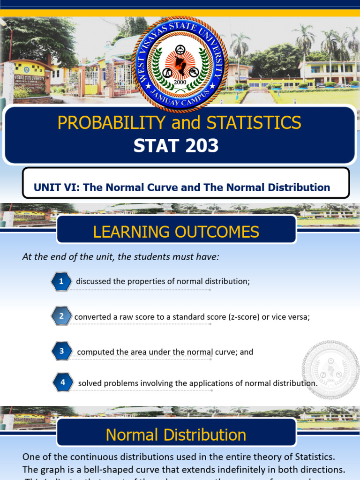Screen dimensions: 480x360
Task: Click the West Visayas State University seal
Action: click(180, 64)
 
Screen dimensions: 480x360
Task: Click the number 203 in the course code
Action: click(201, 146)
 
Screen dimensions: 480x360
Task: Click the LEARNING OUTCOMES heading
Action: click(176, 232)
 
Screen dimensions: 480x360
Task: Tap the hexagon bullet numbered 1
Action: click(61, 281)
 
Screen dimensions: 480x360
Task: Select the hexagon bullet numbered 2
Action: click(61, 316)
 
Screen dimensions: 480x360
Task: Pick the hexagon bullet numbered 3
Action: click(61, 351)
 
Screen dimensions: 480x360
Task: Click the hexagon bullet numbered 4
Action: click(62, 382)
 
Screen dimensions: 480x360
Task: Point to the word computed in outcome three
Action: click(93, 352)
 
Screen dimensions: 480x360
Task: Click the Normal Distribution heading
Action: click(176, 435)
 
